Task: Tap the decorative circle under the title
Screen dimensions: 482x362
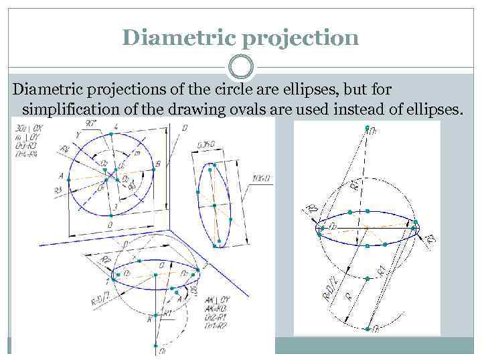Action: pyautogui.click(x=241, y=68)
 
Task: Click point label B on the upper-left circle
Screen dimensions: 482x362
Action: pyautogui.click(x=157, y=163)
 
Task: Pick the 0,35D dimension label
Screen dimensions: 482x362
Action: pyautogui.click(x=206, y=143)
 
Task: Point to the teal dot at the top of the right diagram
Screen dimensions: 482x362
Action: pyautogui.click(x=367, y=127)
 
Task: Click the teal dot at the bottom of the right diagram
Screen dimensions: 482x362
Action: pyautogui.click(x=367, y=328)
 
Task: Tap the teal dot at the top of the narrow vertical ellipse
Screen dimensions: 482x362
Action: pyautogui.click(x=212, y=164)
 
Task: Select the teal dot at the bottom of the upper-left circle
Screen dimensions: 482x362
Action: pyautogui.click(x=110, y=216)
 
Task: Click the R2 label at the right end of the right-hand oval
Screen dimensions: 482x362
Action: pyautogui.click(x=429, y=237)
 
